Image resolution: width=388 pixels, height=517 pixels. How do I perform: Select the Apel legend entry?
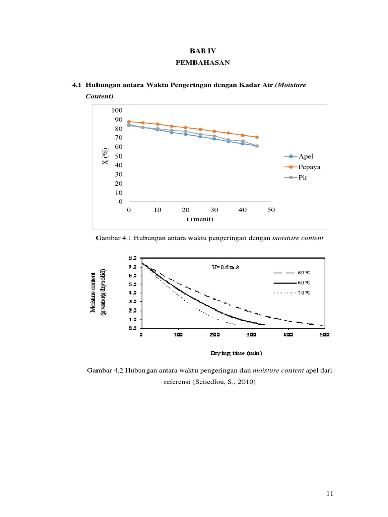tap(306, 157)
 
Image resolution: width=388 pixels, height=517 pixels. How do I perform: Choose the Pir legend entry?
tap(303, 178)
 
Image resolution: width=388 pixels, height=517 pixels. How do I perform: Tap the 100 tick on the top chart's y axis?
tap(117, 110)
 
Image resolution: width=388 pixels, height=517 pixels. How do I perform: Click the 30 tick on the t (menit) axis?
tap(214, 210)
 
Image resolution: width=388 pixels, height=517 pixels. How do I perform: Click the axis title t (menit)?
tap(200, 219)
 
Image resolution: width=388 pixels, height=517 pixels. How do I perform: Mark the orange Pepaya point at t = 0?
tap(129, 122)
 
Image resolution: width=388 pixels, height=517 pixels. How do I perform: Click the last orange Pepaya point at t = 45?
tap(257, 137)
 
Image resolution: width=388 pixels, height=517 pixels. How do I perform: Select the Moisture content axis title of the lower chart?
tap(98, 291)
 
